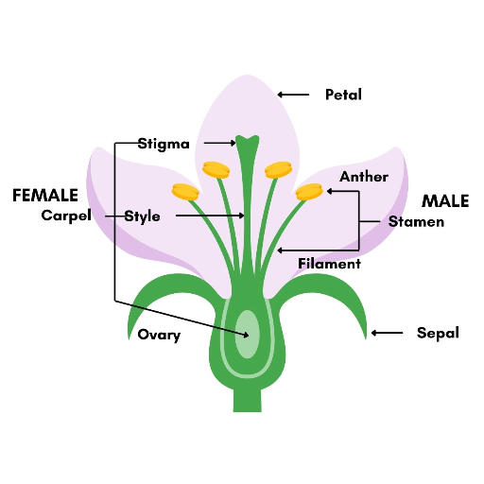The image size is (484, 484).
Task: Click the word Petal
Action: [x=343, y=95]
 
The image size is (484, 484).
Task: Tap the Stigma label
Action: [x=164, y=144]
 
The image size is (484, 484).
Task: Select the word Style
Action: [x=142, y=216]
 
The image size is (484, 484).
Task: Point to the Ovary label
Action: [x=159, y=335]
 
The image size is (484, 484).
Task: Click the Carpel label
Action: [x=66, y=216]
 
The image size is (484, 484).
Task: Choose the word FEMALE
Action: [x=45, y=195]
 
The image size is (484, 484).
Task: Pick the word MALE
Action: [x=445, y=201]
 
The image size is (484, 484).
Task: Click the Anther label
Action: [x=364, y=177]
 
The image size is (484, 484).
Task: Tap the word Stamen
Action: [x=416, y=222]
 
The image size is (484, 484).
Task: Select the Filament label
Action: [x=329, y=264]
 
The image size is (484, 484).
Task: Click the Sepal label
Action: [x=438, y=333]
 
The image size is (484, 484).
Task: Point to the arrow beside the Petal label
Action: [x=293, y=95]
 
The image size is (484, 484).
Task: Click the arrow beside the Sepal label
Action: [x=387, y=333]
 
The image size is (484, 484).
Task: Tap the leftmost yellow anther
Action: [x=185, y=192]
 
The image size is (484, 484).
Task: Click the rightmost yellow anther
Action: [x=309, y=192]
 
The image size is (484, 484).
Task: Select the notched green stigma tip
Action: [x=248, y=141]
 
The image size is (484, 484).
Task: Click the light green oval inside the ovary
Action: [x=248, y=335]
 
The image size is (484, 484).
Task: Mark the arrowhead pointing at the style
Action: [x=242, y=216]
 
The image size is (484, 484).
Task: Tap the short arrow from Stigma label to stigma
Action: [x=220, y=143]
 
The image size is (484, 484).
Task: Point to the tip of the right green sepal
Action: [x=366, y=339]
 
